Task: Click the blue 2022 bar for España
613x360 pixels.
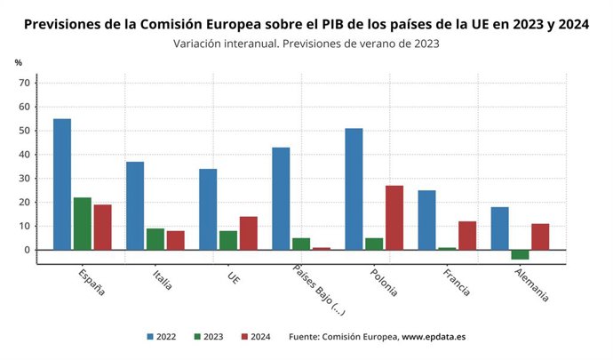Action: click(x=62, y=184)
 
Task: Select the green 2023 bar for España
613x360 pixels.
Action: click(x=82, y=223)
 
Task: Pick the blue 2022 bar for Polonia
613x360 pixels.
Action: click(x=354, y=188)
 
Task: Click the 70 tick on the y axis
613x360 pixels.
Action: click(x=26, y=83)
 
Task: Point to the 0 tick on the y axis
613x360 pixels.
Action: click(x=28, y=250)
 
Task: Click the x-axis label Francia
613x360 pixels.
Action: click(x=455, y=280)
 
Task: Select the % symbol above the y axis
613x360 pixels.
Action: click(x=19, y=63)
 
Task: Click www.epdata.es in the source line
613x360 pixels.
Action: click(x=434, y=337)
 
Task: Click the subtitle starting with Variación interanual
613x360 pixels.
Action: click(x=306, y=43)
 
